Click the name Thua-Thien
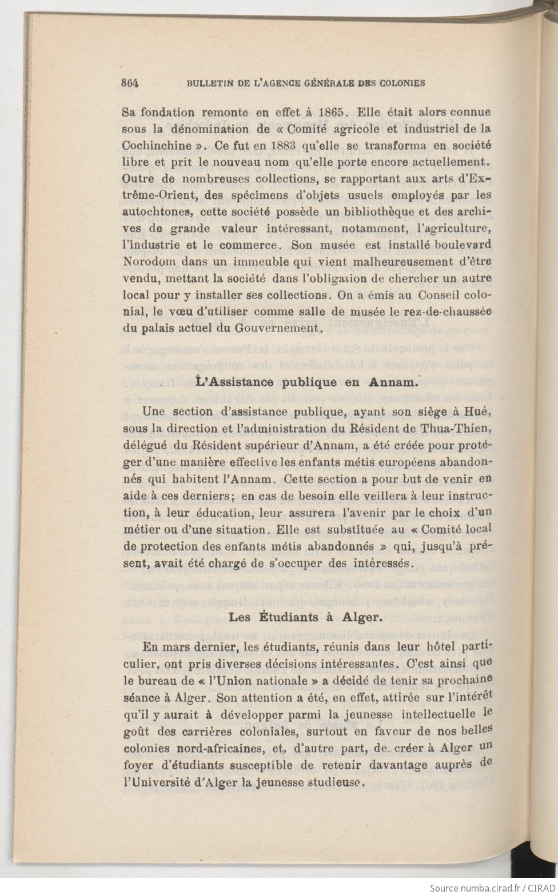(461, 428)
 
